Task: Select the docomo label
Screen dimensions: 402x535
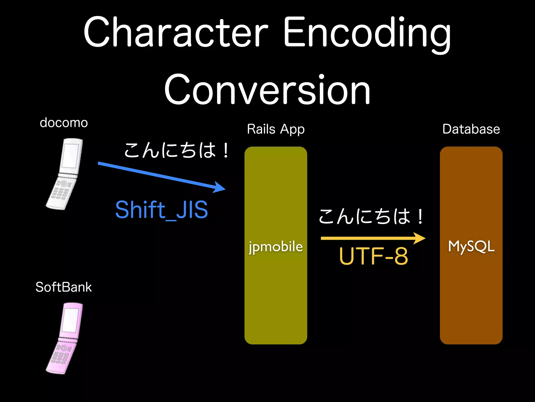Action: pyautogui.click(x=64, y=123)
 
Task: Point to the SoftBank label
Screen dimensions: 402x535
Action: pyautogui.click(x=64, y=287)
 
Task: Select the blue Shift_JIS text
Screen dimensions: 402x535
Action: pyautogui.click(x=161, y=210)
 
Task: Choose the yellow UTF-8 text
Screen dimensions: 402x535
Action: pyautogui.click(x=373, y=256)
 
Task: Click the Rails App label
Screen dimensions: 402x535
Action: pyautogui.click(x=276, y=129)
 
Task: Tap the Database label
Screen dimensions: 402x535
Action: pyautogui.click(x=471, y=129)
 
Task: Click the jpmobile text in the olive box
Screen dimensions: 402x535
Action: pyautogui.click(x=276, y=247)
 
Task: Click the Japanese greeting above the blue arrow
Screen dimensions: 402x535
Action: pyautogui.click(x=176, y=150)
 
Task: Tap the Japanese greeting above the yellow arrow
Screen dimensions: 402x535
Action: pyautogui.click(x=371, y=217)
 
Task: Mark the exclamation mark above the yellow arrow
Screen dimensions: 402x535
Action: pyautogui.click(x=420, y=217)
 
